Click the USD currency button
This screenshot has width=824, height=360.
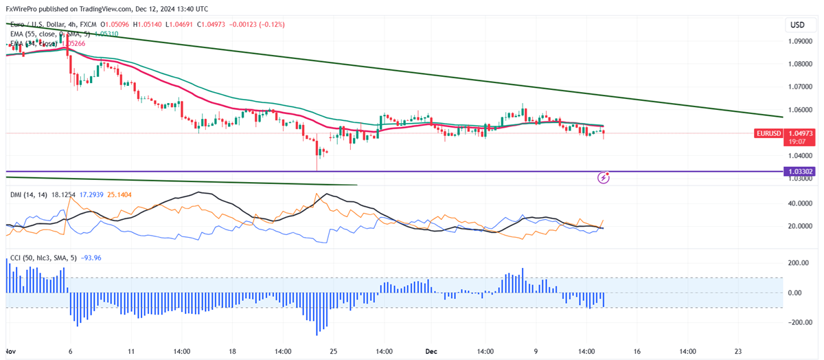coord(797,25)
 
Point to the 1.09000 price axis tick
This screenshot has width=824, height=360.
coord(801,41)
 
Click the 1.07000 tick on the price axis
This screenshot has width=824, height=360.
coord(801,87)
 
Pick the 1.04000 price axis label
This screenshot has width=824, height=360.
coord(801,156)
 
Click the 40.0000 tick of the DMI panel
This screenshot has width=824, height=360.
coord(801,203)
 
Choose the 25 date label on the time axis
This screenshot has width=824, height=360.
coord(333,351)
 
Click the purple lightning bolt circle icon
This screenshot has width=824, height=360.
coord(604,177)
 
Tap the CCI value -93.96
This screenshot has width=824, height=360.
coord(92,258)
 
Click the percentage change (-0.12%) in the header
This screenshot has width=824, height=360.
coord(266,25)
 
